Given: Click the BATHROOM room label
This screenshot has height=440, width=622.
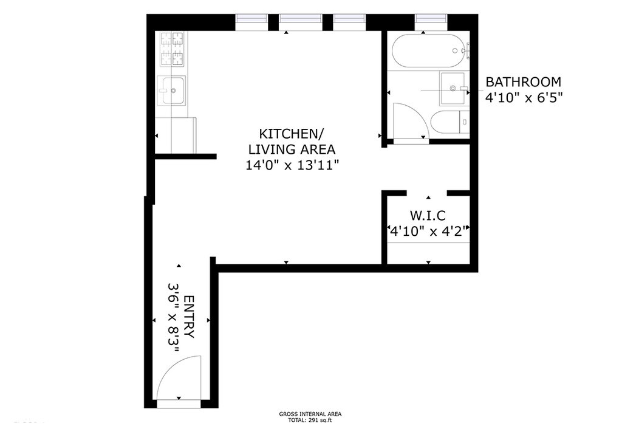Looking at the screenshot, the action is pos(523,81).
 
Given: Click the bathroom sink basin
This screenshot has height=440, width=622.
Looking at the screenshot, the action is pos(452,88).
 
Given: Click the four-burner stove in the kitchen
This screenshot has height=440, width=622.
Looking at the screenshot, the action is pos(172,49).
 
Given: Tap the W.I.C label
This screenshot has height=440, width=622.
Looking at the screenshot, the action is pos(428,215).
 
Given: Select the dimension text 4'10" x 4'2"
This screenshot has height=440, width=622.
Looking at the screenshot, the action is pos(428,231).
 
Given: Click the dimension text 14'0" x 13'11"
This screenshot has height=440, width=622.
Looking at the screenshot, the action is pos(292,165).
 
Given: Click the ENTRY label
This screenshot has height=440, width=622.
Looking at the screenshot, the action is pos(190,317).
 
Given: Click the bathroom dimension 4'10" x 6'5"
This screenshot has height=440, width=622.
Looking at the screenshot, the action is pos(524,98).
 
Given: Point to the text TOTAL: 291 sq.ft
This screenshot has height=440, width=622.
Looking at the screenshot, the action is pos(310,421).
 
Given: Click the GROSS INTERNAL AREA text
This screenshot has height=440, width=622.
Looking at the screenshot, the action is pos(310,414).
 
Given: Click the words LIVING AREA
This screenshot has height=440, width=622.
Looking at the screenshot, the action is pos(292,149).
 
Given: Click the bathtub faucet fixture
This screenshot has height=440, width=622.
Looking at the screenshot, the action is pos(462,51).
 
